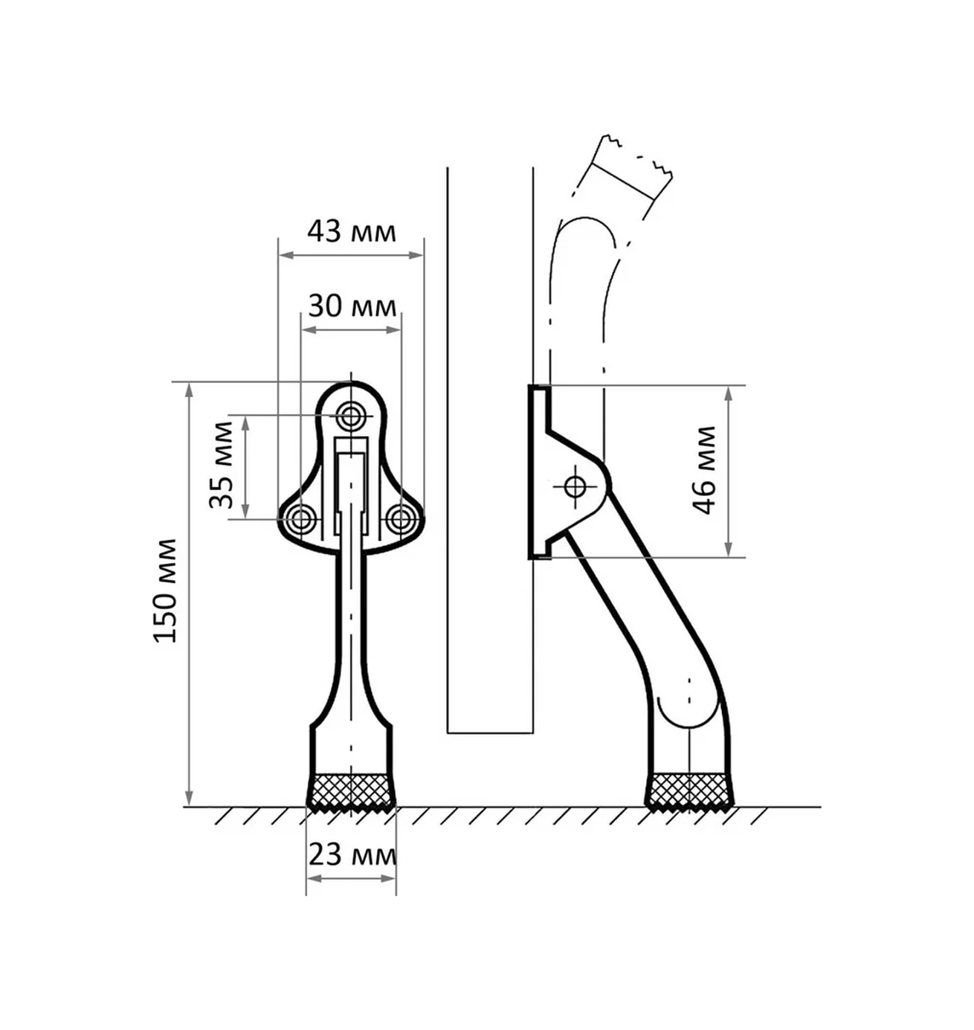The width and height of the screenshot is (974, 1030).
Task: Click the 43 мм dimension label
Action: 351,232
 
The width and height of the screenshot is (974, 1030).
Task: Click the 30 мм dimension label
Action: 352,306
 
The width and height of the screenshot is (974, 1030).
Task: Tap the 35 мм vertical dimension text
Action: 222,465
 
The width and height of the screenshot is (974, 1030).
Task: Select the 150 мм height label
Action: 165,591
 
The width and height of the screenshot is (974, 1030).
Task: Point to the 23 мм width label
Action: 352,855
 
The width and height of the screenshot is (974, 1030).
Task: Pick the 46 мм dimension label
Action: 703,470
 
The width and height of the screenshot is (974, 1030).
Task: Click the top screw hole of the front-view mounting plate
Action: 350,416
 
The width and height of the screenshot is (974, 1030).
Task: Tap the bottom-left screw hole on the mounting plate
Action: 300,518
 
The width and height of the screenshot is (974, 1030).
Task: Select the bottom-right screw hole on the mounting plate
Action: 401,518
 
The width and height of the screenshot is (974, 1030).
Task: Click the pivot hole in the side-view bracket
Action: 575,487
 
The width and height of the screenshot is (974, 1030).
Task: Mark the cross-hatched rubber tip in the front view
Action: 352,791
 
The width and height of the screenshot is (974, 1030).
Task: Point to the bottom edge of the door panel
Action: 490,733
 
